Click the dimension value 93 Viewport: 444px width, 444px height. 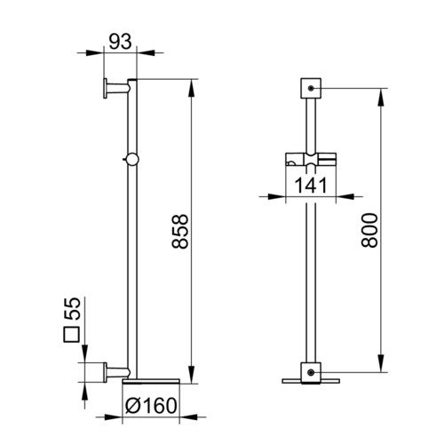(120, 42)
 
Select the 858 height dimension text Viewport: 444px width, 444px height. (180, 231)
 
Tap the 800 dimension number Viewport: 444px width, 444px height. (369, 230)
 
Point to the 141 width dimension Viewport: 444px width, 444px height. (311, 186)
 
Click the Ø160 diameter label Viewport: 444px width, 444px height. (151, 406)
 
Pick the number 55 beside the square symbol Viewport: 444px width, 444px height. (73, 308)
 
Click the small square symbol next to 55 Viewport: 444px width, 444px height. (72, 335)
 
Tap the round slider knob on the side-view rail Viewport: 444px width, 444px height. (131, 159)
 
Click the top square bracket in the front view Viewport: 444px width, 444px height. (311, 88)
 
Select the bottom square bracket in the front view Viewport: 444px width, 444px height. (311, 373)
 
